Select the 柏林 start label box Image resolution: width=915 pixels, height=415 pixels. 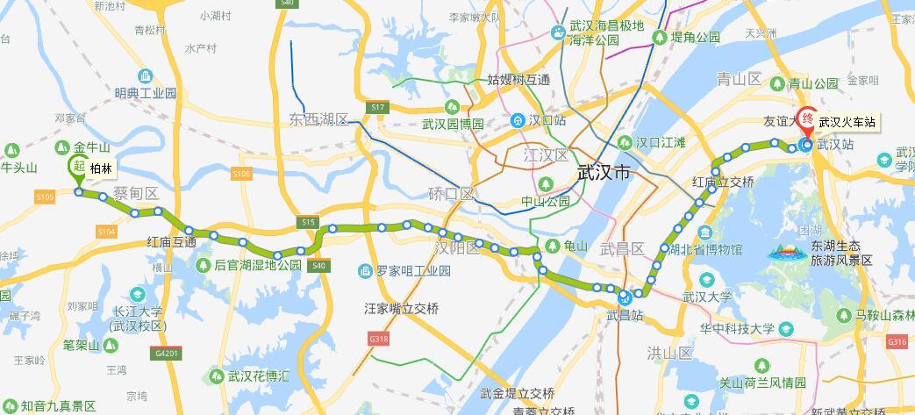(101, 168)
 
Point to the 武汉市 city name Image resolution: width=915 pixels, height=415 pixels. (604, 173)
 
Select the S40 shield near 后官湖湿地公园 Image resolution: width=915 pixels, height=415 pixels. (318, 265)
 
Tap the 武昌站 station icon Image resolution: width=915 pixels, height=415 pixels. (623, 297)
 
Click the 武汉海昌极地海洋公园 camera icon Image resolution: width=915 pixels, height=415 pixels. (557, 33)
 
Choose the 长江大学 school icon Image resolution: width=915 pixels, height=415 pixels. (138, 295)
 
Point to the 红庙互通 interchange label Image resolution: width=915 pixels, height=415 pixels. (171, 242)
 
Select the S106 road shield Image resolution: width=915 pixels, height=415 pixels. (242, 175)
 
